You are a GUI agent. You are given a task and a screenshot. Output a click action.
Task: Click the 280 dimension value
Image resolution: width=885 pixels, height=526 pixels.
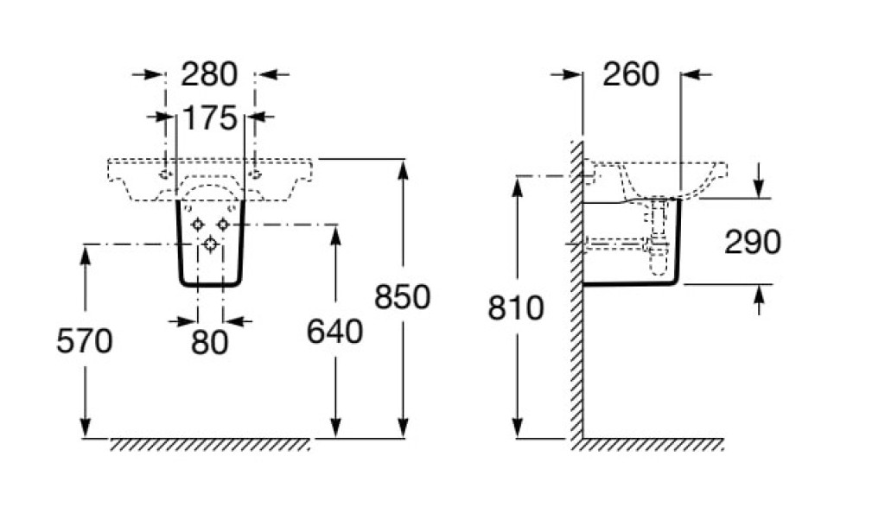[209, 74]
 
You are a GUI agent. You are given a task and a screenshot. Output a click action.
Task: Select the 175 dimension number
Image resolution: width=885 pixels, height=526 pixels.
[209, 117]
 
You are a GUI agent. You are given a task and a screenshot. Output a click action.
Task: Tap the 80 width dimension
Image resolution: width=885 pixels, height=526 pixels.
[211, 342]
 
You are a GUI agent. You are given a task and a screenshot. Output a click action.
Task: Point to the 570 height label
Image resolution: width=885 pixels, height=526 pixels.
[85, 342]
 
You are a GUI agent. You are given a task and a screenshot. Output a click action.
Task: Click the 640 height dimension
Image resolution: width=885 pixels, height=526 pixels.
[335, 332]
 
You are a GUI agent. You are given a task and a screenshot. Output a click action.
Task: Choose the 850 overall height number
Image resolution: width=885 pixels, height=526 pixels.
[403, 297]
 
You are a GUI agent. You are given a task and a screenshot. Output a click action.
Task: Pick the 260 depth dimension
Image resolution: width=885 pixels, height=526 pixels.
[631, 74]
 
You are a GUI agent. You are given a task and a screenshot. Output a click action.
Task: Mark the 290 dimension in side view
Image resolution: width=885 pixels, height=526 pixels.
[753, 243]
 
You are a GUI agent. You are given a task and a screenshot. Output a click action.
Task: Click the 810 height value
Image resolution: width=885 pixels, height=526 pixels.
[517, 307]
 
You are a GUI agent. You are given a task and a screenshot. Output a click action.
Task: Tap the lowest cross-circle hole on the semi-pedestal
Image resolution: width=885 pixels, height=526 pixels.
[210, 244]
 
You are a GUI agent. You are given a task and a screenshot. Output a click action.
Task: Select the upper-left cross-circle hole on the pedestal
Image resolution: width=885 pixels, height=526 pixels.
[198, 224]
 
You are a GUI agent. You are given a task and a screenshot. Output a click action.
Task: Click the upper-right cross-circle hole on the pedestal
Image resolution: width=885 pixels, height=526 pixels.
[223, 224]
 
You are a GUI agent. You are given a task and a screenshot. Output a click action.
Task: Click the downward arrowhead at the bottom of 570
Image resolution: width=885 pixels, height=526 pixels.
[85, 429]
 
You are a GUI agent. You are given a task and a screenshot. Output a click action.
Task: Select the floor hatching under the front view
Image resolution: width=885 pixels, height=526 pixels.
[209, 444]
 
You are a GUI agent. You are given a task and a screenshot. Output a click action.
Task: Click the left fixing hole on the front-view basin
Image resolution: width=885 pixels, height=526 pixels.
[165, 174]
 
